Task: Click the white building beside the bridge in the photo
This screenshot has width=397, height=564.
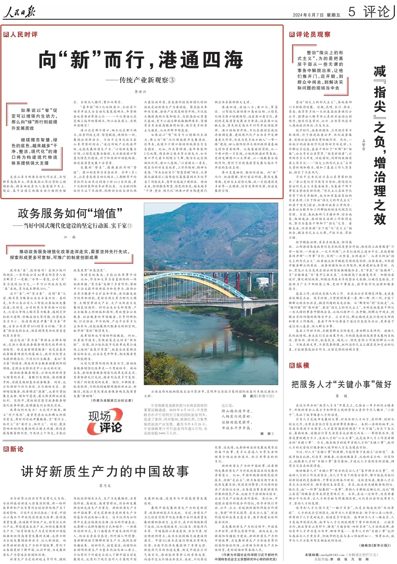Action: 262,282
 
